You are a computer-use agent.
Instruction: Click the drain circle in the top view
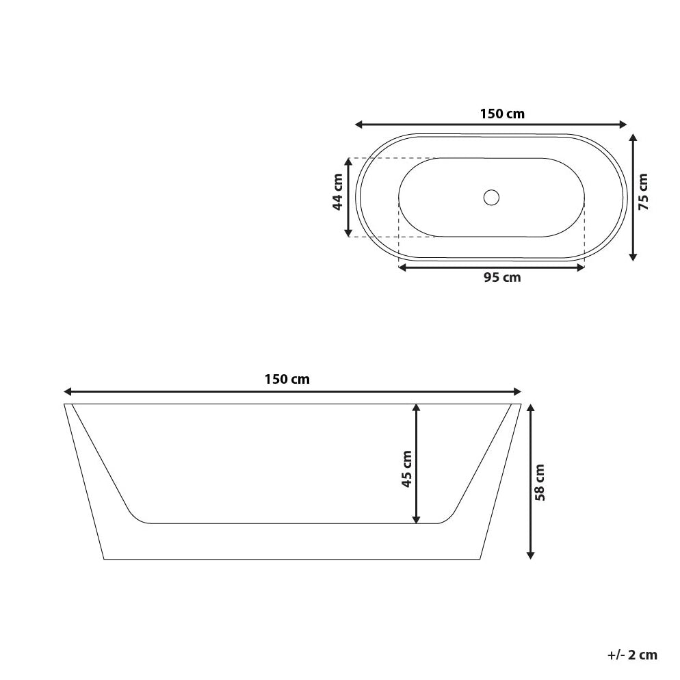[x=491, y=197]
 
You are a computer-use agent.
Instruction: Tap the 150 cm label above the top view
[x=502, y=114]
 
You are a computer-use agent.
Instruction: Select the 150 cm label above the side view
[x=287, y=380]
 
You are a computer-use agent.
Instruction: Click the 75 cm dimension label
[x=643, y=192]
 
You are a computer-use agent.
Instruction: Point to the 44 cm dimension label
[x=337, y=192]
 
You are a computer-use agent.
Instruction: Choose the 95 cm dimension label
[x=502, y=278]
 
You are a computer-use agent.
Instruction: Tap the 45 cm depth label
[x=406, y=469]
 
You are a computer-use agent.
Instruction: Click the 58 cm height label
[x=540, y=482]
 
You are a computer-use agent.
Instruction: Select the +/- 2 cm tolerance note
[x=632, y=655]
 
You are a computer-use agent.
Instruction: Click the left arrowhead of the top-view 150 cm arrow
[x=358, y=125]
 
